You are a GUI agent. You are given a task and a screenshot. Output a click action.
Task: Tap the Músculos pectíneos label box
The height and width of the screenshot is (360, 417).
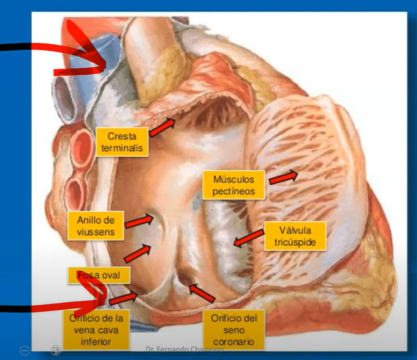click(230, 184)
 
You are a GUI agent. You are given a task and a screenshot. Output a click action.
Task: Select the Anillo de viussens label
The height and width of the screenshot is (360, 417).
click(95, 226)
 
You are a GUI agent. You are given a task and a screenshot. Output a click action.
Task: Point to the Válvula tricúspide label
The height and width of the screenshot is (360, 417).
click(293, 236)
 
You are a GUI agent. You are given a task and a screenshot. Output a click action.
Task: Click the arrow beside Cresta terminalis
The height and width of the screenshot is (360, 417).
click(162, 127)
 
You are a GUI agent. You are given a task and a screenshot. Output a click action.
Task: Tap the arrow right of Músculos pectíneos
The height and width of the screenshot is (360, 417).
click(282, 177)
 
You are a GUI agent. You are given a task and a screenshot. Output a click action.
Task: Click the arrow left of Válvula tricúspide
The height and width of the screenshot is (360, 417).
click(247, 237)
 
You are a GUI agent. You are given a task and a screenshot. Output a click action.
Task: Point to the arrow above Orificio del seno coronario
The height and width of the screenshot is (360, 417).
click(201, 293)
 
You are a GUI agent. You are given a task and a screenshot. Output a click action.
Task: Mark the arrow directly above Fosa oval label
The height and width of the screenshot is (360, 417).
click(137, 253)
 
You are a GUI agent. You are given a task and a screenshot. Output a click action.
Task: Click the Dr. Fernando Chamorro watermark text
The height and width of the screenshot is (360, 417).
click(173, 350)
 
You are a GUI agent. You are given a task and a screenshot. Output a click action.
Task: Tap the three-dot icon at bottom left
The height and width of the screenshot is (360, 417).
click(25, 350)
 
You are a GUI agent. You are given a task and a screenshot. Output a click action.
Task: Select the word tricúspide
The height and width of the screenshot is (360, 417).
click(293, 242)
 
